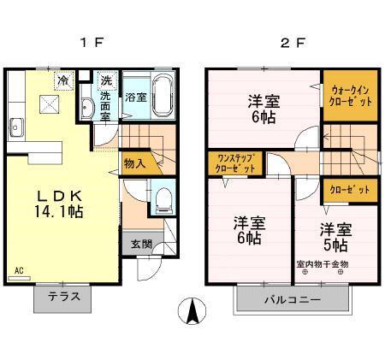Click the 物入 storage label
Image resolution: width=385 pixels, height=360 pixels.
[135, 162]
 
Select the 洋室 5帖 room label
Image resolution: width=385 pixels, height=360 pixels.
[336, 236]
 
